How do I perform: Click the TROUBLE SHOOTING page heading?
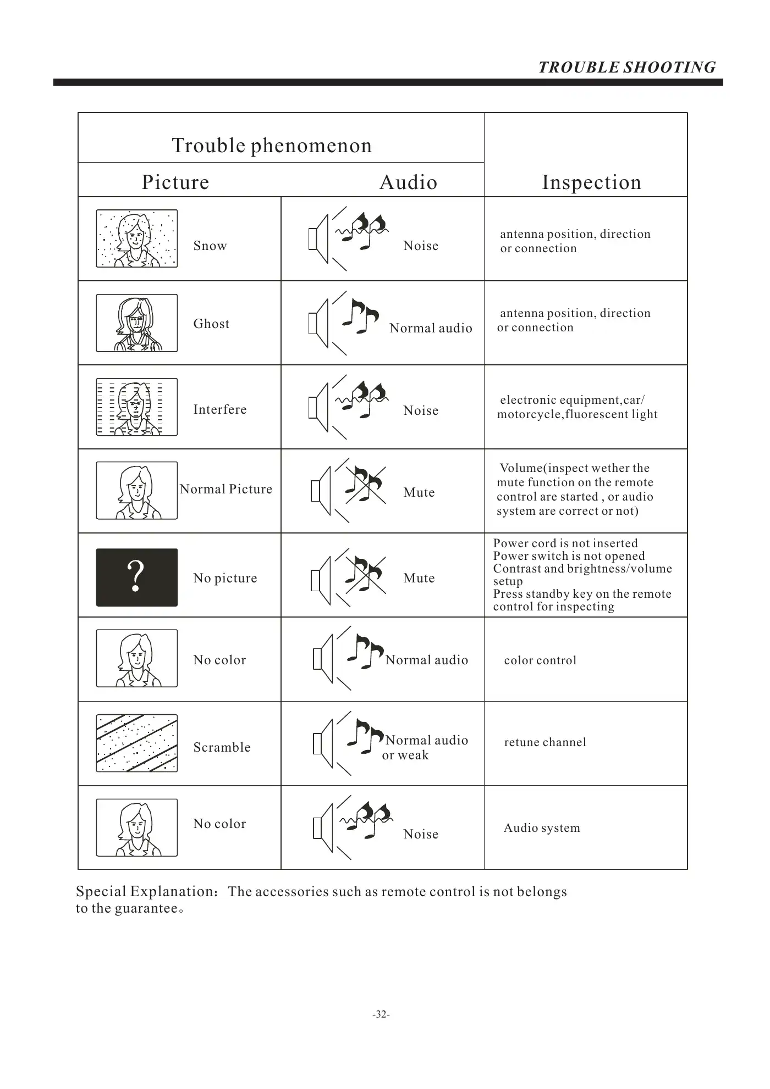click(626, 68)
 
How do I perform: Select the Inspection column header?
click(591, 182)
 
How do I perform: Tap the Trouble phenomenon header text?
click(272, 146)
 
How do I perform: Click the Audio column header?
click(408, 182)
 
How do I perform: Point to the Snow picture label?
click(210, 246)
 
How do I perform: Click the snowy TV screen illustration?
click(137, 238)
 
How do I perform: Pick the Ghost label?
click(211, 324)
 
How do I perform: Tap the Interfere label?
click(220, 409)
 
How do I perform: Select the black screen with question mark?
click(137, 577)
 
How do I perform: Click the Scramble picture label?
click(222, 747)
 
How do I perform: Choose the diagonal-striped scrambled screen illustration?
click(137, 743)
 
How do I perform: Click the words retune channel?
click(545, 742)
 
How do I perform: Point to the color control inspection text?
click(540, 660)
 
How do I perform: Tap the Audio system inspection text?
click(542, 828)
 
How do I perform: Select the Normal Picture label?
click(226, 489)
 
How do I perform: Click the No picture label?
click(225, 578)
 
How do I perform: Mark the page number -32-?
click(381, 1014)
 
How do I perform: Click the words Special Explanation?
click(146, 891)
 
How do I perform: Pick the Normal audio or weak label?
click(426, 747)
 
